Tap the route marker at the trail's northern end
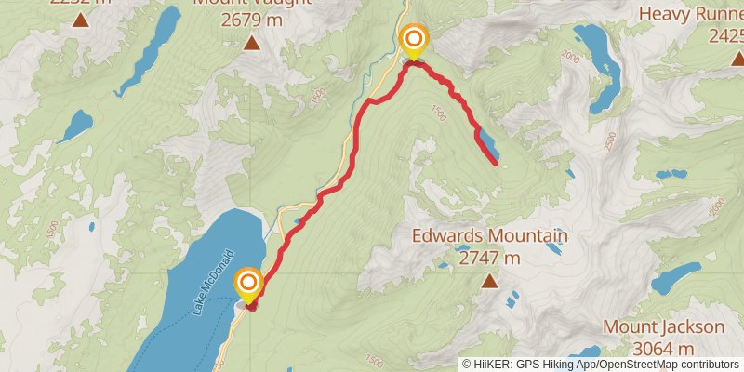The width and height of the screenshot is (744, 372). pyautogui.click(x=413, y=39)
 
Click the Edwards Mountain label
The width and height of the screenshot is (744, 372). pyautogui.click(x=490, y=237)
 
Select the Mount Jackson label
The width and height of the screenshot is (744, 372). pyautogui.click(x=663, y=327)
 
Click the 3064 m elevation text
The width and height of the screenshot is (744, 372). pyautogui.click(x=663, y=349)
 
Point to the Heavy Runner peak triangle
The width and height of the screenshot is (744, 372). pyautogui.click(x=737, y=58)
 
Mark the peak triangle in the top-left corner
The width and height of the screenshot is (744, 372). pyautogui.click(x=80, y=19)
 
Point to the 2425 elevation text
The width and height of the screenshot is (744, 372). pyautogui.click(x=725, y=36)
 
